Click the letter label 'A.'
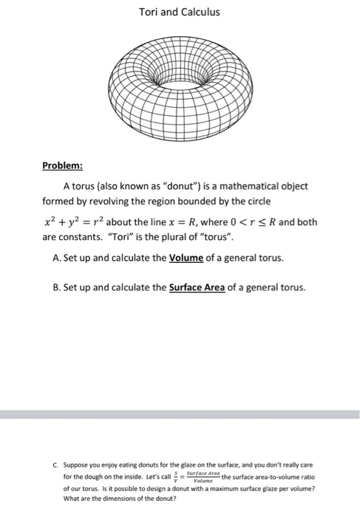pyautogui.click(x=60, y=258)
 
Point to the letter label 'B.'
pyautogui.click(x=60, y=288)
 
